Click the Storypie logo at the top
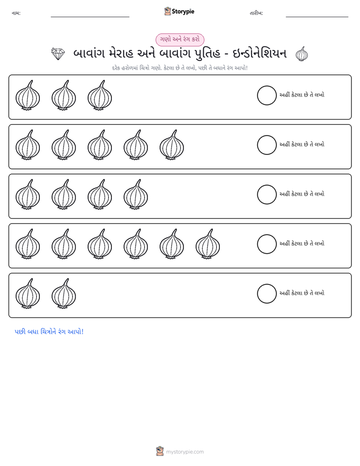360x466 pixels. [179, 11]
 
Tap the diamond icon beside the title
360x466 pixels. [58, 54]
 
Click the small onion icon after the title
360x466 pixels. [302, 54]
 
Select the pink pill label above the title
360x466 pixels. [179, 39]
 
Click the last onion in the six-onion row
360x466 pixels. [208, 244]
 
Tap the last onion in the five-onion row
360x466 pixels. [172, 145]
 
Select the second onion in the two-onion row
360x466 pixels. [64, 294]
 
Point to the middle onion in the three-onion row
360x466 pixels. [64, 95]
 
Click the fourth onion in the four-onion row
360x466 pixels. [136, 194]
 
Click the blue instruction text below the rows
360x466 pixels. [49, 332]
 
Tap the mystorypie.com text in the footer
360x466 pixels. [185, 452]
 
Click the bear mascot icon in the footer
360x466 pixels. [160, 451]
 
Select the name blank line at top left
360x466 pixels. [90, 17]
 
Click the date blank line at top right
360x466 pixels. [317, 17]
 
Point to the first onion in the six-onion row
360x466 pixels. [28, 244]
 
